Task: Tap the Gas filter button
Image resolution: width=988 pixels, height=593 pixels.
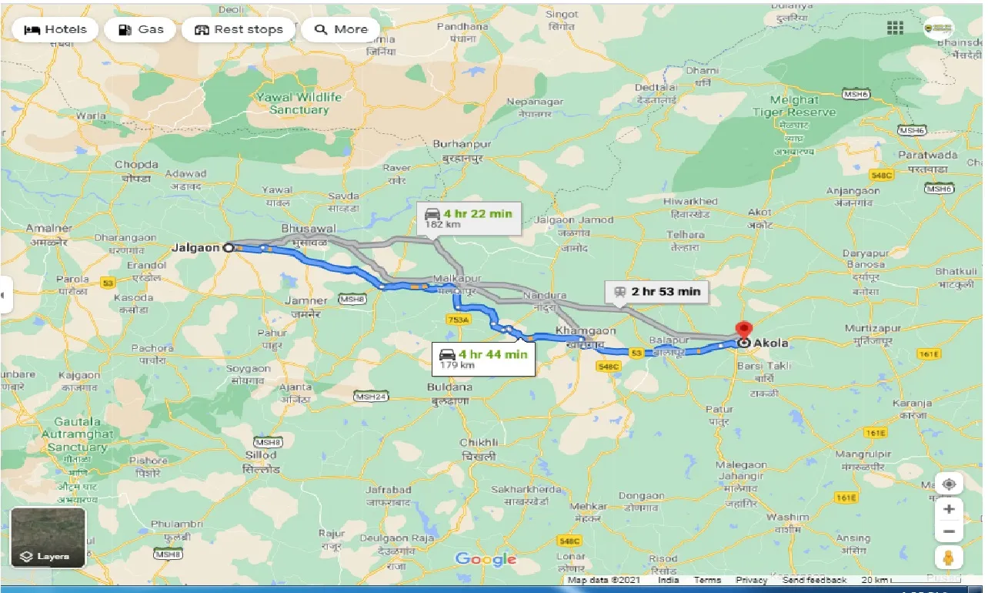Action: (142, 29)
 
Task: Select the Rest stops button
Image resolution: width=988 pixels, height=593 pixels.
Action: (239, 29)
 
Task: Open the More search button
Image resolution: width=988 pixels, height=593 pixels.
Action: (341, 29)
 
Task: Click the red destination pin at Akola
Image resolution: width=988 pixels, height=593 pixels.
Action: (743, 330)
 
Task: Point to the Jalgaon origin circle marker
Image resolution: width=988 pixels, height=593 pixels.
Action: (229, 248)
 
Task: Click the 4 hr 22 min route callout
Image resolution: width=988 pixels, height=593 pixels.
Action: (468, 218)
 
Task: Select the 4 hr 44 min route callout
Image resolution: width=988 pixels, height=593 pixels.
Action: (483, 358)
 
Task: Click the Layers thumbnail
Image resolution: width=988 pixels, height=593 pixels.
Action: (48, 537)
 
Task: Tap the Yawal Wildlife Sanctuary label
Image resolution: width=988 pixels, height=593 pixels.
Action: (299, 104)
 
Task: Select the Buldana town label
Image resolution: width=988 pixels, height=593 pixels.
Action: (449, 387)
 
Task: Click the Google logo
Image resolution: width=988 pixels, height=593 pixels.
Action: (486, 559)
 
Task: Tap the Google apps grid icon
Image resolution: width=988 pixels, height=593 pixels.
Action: (895, 28)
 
